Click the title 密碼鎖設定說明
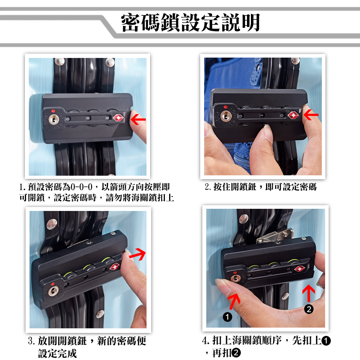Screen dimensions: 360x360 pos(190,22)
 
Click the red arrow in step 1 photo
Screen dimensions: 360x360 pos(138,120)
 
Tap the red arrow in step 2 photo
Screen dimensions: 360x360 pos(311,114)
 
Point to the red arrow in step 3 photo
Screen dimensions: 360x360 pos(138,254)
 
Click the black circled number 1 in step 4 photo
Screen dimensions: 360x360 pos(227,317)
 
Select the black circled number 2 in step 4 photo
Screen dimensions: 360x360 pos(309,309)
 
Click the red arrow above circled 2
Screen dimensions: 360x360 pos(309,293)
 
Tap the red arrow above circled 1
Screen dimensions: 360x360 pos(234,301)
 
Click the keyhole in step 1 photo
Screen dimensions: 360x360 pos(54,119)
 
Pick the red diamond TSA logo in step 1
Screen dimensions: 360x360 pos(118,118)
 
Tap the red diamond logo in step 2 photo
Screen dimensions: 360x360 pos(293,115)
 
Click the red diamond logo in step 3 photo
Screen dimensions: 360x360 pos(114,266)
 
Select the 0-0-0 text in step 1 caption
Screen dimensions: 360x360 pos(82,187)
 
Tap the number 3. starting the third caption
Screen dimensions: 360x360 pos(32,341)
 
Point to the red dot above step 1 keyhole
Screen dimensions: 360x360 pos(53,111)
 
